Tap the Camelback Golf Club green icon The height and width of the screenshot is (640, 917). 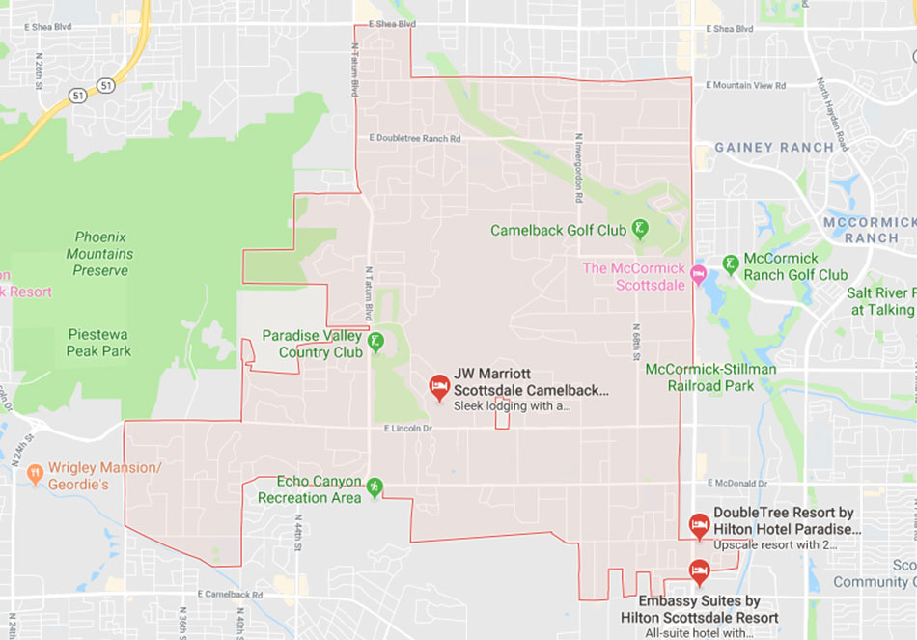[639, 229]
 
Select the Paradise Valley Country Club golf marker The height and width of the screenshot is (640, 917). [376, 341]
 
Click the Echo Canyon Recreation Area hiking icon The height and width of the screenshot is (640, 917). [375, 488]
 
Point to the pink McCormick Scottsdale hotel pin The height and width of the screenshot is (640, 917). [699, 276]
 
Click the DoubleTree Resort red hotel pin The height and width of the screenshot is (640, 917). [699, 526]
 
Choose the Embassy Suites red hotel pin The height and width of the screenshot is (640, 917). [699, 571]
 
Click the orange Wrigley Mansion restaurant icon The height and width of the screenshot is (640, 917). [35, 473]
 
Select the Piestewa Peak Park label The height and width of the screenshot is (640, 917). [98, 343]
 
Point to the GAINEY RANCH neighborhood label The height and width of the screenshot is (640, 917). [773, 148]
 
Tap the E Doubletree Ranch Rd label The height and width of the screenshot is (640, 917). [415, 139]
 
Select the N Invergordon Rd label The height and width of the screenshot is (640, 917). [579, 168]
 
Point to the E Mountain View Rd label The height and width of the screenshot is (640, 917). [746, 86]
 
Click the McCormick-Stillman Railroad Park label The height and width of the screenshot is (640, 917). [712, 376]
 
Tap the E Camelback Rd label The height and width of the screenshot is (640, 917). [230, 595]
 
